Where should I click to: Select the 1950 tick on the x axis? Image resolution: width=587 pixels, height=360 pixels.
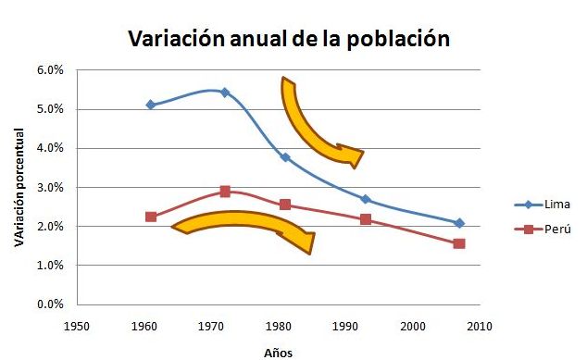click(77, 326)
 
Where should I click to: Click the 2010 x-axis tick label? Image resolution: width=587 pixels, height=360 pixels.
click(479, 326)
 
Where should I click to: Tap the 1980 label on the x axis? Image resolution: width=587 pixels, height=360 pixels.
click(278, 326)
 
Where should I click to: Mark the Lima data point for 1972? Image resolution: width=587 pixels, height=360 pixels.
click(225, 93)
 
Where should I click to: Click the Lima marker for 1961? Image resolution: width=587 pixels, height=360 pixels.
click(151, 105)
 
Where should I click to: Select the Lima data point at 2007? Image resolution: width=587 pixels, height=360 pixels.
click(459, 223)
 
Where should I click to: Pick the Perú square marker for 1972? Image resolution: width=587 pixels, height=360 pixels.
click(225, 192)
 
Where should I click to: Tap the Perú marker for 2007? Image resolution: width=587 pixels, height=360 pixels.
click(459, 243)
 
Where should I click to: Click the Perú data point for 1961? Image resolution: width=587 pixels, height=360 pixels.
click(151, 217)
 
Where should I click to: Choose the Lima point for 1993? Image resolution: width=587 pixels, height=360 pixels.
click(366, 199)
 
